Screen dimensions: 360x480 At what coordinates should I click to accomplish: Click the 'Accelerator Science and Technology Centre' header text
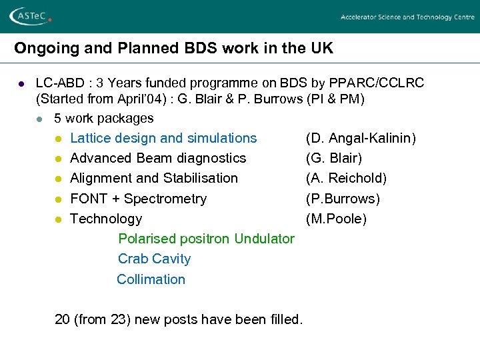407,17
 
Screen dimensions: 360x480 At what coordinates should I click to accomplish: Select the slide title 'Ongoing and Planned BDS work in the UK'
173,49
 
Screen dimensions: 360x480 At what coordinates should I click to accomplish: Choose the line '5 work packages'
104,118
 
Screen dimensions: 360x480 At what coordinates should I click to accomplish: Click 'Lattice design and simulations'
163,138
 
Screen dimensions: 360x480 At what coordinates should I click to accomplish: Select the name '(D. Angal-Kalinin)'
361,138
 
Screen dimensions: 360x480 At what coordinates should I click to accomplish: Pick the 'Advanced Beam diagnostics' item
158,158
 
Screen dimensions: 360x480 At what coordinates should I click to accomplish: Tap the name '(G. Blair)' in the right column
334,158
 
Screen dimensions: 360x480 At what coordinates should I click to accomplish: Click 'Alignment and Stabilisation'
154,178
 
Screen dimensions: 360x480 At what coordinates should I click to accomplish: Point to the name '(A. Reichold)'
346,178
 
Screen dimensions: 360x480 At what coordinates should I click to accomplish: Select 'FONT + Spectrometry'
138,199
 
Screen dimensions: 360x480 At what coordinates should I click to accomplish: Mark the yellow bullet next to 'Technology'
58,219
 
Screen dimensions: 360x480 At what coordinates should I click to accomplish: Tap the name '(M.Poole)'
336,219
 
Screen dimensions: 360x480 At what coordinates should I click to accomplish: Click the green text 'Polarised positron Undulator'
206,239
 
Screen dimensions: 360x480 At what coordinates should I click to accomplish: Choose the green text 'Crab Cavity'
154,259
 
